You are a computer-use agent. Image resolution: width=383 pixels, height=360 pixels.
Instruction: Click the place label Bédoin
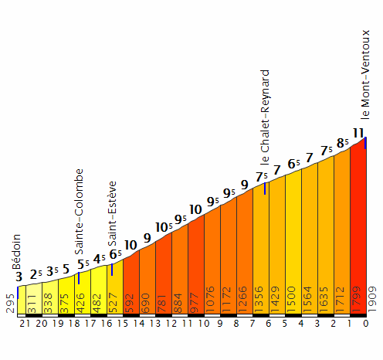17,251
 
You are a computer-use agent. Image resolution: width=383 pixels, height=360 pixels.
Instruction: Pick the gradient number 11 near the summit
358,132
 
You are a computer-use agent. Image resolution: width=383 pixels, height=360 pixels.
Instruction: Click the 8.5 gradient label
342,143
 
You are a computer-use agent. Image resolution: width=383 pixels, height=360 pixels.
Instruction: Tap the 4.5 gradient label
100,258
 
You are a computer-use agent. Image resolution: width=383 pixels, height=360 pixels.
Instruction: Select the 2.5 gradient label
35,274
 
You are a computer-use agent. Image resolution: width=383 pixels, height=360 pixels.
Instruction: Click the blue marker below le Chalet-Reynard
265,188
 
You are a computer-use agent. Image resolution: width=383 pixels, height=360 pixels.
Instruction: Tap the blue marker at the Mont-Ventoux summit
364,144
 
